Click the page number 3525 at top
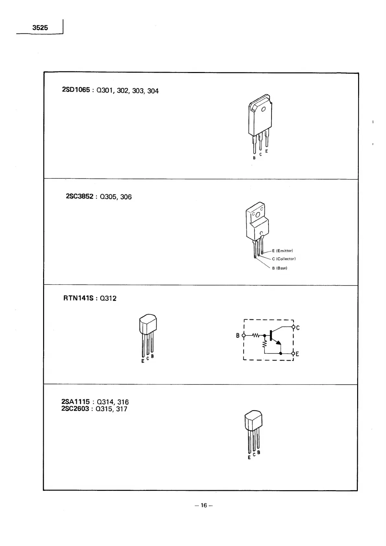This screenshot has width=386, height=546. pyautogui.click(x=40, y=28)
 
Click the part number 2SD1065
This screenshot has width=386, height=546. pyautogui.click(x=76, y=90)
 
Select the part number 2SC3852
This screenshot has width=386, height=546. pyautogui.click(x=80, y=196)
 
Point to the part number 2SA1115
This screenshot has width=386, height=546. pyautogui.click(x=75, y=402)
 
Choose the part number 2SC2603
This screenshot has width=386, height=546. pyautogui.click(x=75, y=408)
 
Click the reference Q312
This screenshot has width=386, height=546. pyautogui.click(x=108, y=298)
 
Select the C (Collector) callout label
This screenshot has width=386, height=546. pyautogui.click(x=284, y=259)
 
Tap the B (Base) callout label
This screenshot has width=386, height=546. pyautogui.click(x=279, y=268)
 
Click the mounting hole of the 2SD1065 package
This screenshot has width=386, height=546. pyautogui.click(x=263, y=109)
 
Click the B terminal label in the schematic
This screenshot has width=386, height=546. pyautogui.click(x=238, y=335)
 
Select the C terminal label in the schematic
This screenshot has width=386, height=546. pyautogui.click(x=298, y=328)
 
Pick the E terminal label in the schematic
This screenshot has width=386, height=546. pyautogui.click(x=297, y=354)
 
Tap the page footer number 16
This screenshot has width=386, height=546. pyautogui.click(x=204, y=505)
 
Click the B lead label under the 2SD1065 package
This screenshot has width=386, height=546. pyautogui.click(x=254, y=158)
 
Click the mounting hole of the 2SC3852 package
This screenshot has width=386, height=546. pyautogui.click(x=258, y=215)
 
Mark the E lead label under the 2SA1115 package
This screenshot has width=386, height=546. pyautogui.click(x=249, y=458)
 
